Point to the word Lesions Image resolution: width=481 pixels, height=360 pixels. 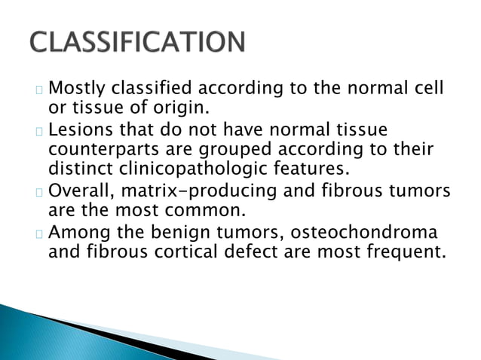81,130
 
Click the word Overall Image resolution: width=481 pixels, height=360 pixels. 81,190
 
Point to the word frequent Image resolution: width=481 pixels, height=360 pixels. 404,249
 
